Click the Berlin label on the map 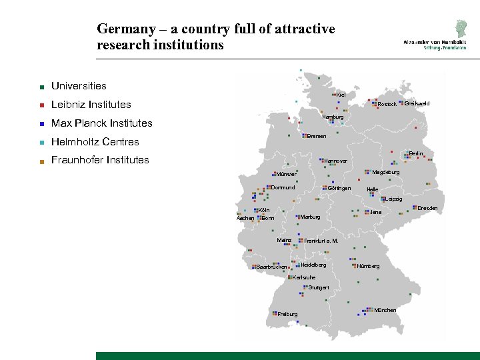(415, 154)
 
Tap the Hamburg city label (333, 117)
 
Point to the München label (385, 310)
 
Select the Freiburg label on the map (287, 314)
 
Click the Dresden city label (427, 209)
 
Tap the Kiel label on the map (341, 95)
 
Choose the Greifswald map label (417, 103)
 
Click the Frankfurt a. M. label (321, 241)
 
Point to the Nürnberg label (368, 266)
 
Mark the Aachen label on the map (245, 219)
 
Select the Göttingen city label (339, 188)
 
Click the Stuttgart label (319, 287)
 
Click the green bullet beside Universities (41, 87)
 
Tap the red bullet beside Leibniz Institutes (41, 105)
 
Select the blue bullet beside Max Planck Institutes (41, 124)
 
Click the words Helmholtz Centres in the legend (95, 141)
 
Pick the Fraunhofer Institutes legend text (100, 160)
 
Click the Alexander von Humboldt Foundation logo (434, 34)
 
